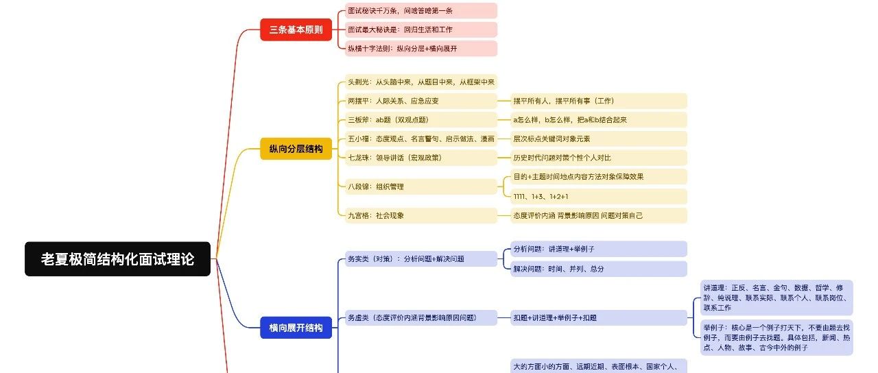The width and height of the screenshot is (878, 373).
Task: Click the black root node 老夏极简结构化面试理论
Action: click(117, 259)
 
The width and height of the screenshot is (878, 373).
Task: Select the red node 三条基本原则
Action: click(296, 29)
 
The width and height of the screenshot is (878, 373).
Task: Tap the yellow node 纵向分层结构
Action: click(296, 149)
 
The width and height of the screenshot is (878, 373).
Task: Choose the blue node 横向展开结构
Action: click(296, 327)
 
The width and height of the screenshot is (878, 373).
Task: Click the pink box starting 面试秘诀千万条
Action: click(420, 11)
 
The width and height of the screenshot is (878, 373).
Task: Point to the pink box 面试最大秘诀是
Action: click(420, 29)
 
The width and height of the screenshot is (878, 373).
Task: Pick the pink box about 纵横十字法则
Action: click(420, 49)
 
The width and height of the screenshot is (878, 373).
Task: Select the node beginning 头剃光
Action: click(420, 82)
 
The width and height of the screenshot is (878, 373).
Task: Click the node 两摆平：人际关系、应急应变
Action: click(420, 101)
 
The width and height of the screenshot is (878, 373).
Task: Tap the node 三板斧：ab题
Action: click(420, 119)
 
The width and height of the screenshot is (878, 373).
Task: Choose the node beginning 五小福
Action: click(420, 139)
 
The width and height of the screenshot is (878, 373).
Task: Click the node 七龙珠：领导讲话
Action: click(420, 157)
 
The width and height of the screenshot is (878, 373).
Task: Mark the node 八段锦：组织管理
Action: click(420, 186)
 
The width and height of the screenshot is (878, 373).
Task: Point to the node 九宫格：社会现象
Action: click(420, 215)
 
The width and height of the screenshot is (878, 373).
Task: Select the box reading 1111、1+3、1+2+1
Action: click(599, 196)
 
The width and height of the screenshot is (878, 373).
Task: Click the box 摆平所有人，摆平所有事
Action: click(599, 101)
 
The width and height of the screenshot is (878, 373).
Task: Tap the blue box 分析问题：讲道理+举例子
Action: click(599, 249)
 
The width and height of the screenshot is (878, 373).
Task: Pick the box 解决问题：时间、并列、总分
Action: click(599, 269)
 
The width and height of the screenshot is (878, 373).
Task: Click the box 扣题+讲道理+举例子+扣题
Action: click(599, 317)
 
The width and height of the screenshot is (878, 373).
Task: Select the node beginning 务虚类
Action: click(420, 317)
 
